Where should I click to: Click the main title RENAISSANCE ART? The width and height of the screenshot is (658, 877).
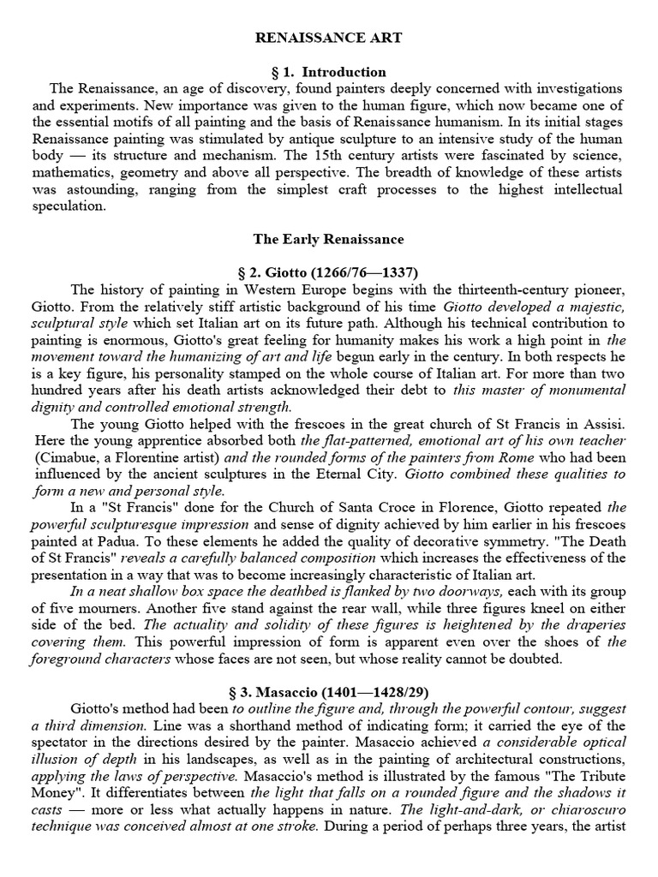[x=329, y=39]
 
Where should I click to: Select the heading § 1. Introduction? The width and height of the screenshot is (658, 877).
[x=329, y=72]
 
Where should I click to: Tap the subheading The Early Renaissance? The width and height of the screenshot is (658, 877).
[x=329, y=239]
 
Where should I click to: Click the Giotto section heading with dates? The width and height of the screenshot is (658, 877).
[x=329, y=273]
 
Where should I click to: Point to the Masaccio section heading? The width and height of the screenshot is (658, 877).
[x=329, y=691]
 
